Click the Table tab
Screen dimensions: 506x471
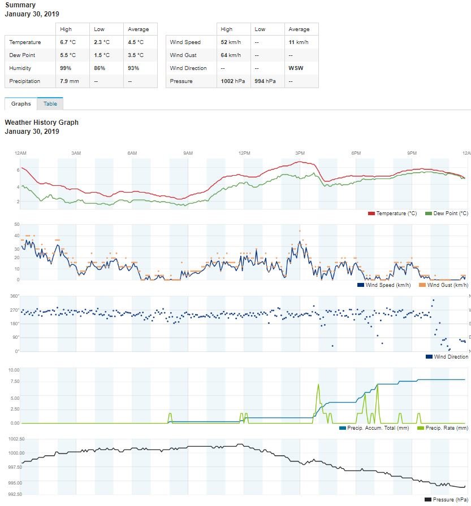point(50,104)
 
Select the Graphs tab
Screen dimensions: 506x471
point(21,104)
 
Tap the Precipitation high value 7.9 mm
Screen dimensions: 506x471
point(70,81)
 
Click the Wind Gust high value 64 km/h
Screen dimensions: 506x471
point(230,55)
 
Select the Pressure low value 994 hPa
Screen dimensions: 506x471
point(266,81)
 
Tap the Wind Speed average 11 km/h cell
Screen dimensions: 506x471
point(299,42)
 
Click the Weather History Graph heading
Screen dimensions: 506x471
point(41,123)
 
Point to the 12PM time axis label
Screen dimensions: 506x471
point(244,154)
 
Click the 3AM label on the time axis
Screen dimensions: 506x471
point(76,154)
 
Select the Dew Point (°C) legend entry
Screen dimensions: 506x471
point(447,213)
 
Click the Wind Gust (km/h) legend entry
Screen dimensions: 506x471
point(443,285)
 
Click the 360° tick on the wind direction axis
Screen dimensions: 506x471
point(15,296)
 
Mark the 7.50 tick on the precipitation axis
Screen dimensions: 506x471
point(14,381)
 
